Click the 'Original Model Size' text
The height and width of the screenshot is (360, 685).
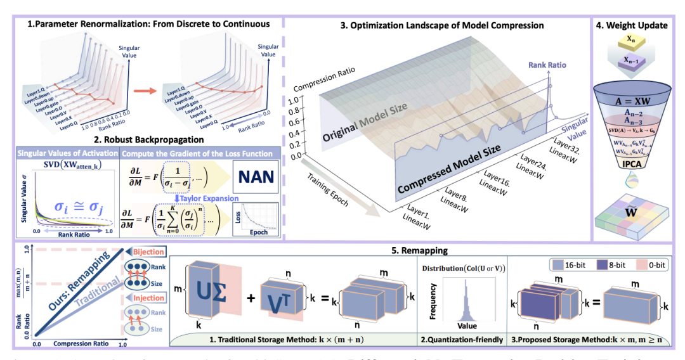click(x=374, y=120)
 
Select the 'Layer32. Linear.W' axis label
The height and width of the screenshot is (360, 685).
click(x=567, y=147)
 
